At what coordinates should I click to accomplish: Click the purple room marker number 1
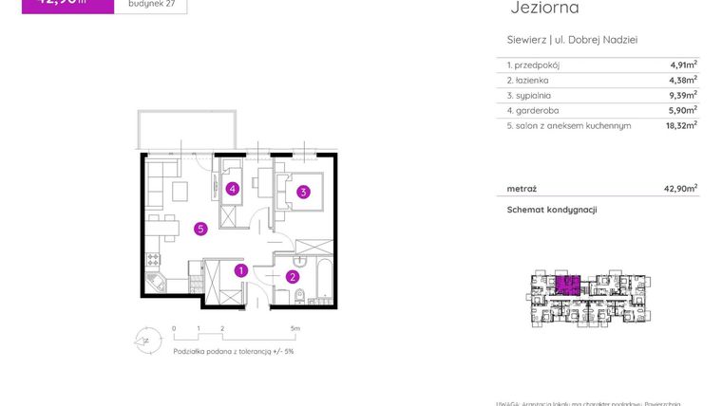tap(241, 270)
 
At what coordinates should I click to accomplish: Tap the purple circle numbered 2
tap(293, 277)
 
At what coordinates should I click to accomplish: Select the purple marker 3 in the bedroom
tap(302, 193)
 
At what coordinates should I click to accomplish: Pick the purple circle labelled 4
tap(232, 189)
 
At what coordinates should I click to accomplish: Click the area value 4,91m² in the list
tap(683, 65)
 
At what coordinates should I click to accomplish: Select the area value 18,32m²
tap(681, 124)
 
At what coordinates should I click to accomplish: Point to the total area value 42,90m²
tap(680, 188)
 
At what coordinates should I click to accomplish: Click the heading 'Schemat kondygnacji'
tap(551, 210)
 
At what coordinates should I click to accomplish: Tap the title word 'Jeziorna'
tap(544, 9)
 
